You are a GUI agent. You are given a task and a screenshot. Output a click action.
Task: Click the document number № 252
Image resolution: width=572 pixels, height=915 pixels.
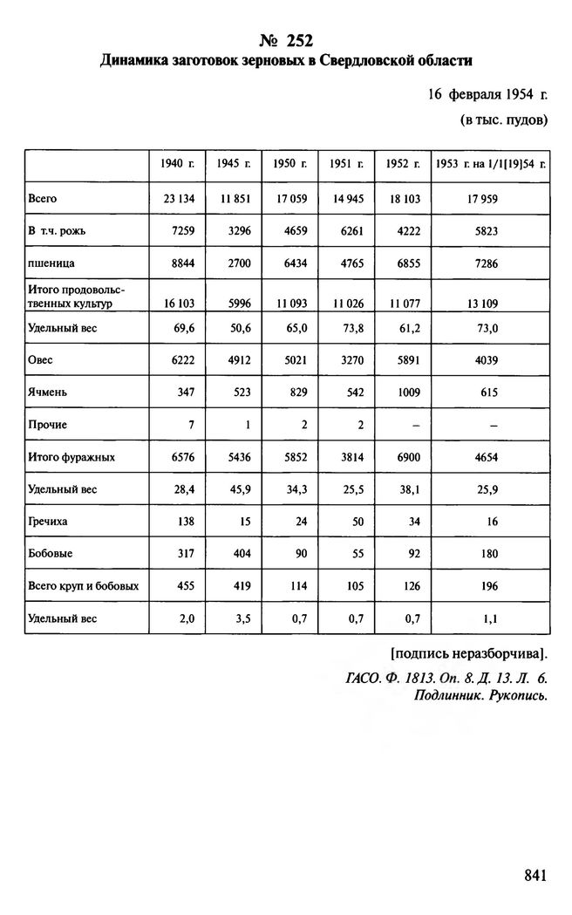285,40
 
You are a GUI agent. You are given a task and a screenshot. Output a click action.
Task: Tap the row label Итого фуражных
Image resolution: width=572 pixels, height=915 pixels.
71,456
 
